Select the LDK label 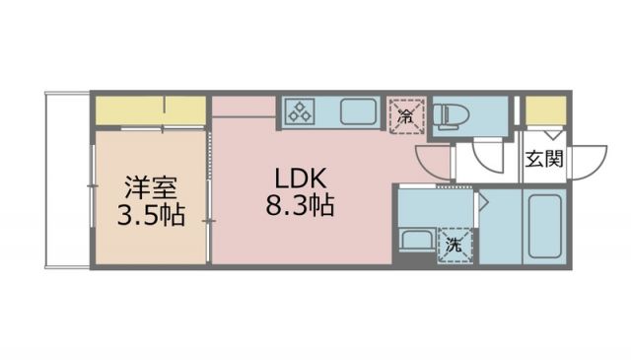[295, 179]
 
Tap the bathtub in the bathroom [544, 227]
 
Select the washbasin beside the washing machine [414, 240]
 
